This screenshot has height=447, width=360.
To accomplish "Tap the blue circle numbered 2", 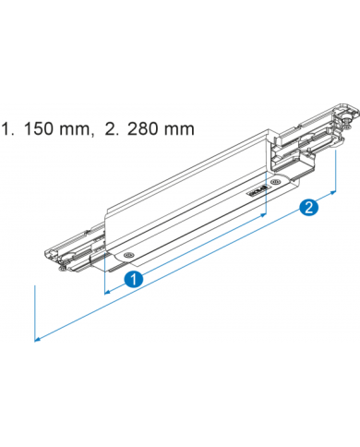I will point(312,208).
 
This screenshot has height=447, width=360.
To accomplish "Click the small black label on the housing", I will point(257,190).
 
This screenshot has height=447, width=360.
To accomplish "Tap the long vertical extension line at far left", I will point(35,314).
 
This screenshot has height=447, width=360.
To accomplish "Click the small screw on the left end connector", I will point(60,269).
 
